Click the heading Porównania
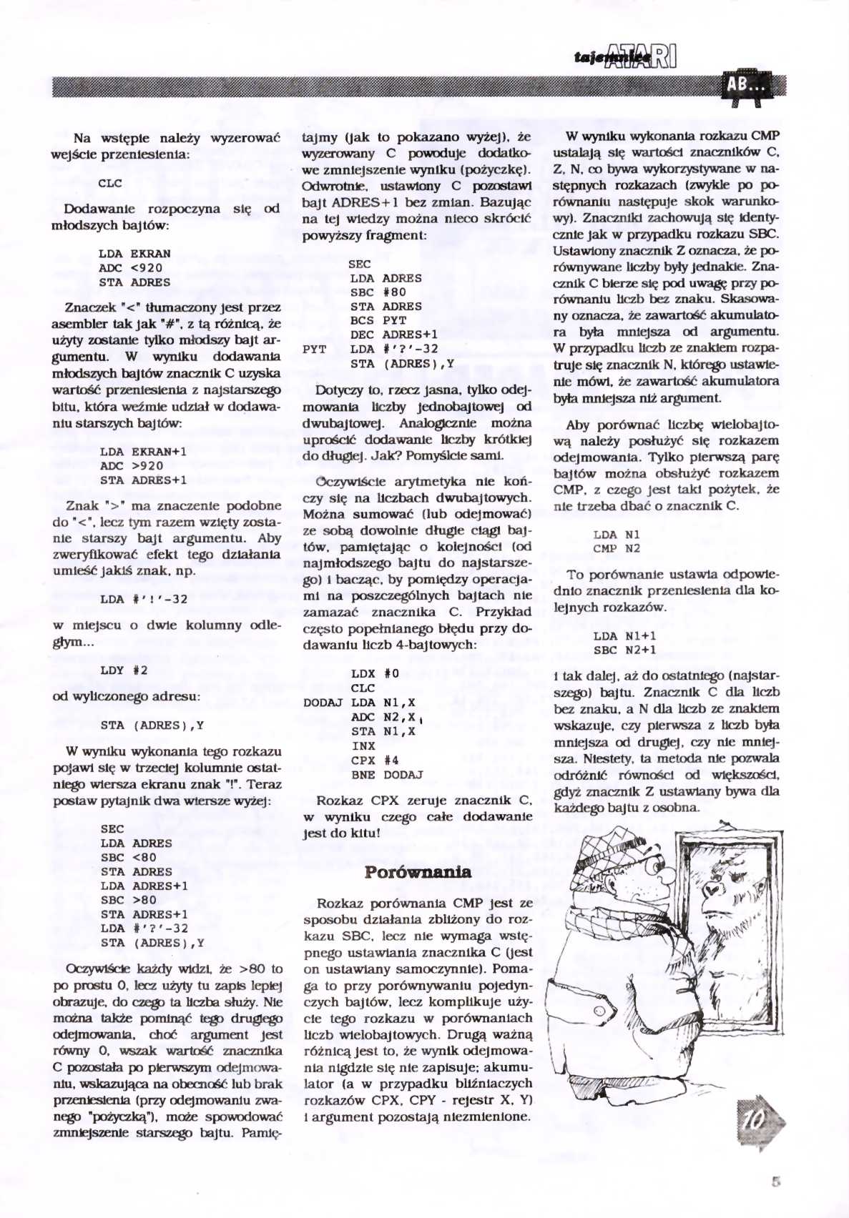[418, 872]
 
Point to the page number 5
[776, 1181]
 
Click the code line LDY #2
[124, 670]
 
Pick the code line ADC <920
[130, 268]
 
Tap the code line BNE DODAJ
[387, 775]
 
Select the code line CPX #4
[375, 761]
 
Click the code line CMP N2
[617, 549]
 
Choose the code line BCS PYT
[378, 321]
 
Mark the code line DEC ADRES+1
[394, 335]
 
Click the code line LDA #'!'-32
[144, 600]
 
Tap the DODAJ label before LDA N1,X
[323, 703]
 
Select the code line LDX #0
[375, 674]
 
